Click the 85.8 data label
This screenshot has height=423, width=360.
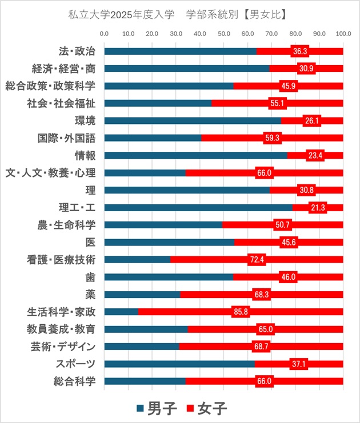click(x=241, y=312)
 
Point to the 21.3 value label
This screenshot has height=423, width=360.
click(x=317, y=207)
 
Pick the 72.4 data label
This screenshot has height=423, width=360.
click(x=257, y=260)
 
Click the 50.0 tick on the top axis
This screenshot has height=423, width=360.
click(x=224, y=34)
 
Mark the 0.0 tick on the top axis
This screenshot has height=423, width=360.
click(x=105, y=34)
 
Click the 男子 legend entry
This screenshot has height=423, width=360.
click(x=158, y=409)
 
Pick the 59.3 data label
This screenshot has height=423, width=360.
click(x=273, y=138)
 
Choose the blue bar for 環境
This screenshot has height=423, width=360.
click(x=193, y=120)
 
